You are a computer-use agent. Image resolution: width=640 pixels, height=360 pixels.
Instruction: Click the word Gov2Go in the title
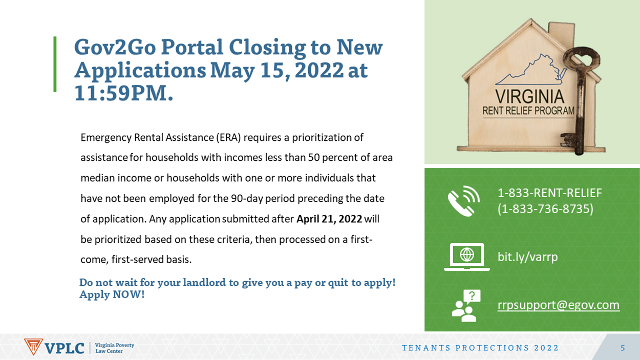[x=115, y=47]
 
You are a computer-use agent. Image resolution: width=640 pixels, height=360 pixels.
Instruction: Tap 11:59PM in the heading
[x=124, y=93]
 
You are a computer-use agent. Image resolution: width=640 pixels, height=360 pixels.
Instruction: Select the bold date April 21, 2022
[x=329, y=219]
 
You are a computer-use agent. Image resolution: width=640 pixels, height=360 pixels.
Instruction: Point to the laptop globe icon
[x=467, y=257]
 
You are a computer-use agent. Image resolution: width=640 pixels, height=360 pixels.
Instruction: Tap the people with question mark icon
[x=466, y=306]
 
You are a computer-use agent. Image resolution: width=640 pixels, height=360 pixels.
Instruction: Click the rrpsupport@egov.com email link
[x=559, y=305]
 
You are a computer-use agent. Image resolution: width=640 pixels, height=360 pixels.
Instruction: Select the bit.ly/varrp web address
[x=527, y=257]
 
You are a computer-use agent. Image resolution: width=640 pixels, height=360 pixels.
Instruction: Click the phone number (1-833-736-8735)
[x=545, y=209]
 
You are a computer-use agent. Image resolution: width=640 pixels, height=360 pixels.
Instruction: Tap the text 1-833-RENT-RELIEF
[x=550, y=193]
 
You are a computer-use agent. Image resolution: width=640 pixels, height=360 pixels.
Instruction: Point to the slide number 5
[x=623, y=348]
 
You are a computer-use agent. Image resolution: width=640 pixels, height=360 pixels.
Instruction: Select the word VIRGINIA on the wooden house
[x=530, y=97]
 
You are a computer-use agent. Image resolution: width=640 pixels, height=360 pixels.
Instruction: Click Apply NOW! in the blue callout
[x=112, y=294]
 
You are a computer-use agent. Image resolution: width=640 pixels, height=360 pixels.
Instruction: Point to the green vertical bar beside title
[x=55, y=65]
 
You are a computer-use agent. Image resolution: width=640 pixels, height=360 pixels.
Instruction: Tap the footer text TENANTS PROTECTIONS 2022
[x=480, y=348]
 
